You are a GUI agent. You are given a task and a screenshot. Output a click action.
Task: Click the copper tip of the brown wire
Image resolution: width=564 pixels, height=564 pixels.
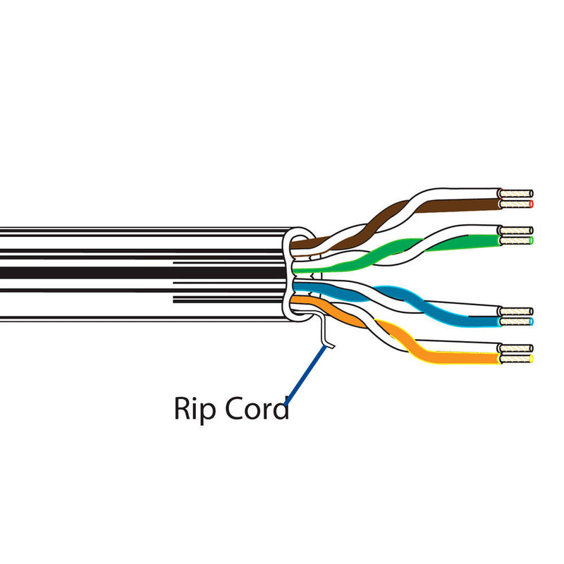point(515,204)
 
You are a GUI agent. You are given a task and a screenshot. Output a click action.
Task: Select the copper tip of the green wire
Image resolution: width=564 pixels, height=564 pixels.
point(515,240)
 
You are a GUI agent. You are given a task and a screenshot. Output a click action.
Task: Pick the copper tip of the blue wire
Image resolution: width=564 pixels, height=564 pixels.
point(515,321)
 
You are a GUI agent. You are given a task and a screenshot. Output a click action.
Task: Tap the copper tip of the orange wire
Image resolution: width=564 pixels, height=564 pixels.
point(515,360)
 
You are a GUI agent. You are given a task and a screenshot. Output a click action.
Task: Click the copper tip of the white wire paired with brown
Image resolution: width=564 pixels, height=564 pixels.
point(515,193)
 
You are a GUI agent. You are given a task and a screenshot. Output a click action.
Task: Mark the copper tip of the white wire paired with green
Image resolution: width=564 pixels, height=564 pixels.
point(515,230)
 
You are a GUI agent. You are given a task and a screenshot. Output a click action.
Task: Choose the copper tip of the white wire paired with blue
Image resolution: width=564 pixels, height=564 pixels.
point(515,311)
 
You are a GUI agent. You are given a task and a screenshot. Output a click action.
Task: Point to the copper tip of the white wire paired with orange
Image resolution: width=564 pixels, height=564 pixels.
point(515,348)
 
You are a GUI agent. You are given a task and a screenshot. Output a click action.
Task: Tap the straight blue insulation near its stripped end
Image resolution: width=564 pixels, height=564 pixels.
point(472,321)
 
